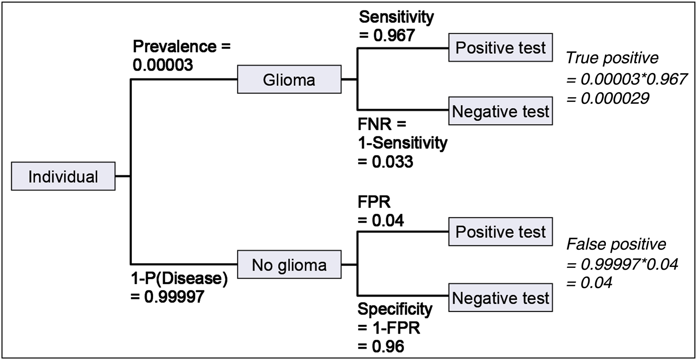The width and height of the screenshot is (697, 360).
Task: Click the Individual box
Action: click(63, 176)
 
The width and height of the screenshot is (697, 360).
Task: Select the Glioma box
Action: click(289, 80)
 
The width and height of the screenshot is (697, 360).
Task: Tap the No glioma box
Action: click(289, 265)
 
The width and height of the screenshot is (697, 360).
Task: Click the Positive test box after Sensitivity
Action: click(500, 48)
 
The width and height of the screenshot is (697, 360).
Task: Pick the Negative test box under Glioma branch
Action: click(500, 112)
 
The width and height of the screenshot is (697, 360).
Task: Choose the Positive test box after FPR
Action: click(500, 232)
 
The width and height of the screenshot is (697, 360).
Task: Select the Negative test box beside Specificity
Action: click(500, 298)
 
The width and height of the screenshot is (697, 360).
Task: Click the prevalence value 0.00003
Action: click(163, 65)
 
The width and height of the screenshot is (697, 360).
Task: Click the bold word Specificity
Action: click(395, 308)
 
